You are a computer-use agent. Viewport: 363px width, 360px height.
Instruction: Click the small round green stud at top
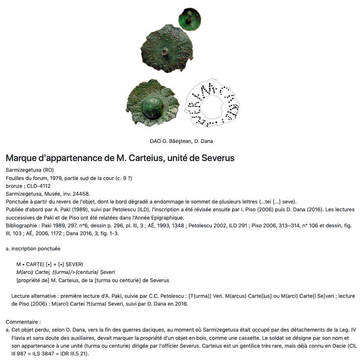pyautogui.click(x=190, y=19)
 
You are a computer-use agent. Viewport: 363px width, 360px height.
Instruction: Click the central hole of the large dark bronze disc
pyautogui.click(x=165, y=52)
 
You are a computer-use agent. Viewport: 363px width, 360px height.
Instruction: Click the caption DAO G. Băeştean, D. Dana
pyautogui.click(x=181, y=141)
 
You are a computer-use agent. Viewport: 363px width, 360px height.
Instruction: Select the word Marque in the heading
pyautogui.click(x=21, y=158)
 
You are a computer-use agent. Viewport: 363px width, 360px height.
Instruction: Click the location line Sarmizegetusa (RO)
pyautogui.click(x=30, y=170)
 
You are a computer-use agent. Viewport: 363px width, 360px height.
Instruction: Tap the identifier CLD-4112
pyautogui.click(x=38, y=186)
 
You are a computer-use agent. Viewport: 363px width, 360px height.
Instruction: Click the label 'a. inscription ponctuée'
pyautogui.click(x=33, y=248)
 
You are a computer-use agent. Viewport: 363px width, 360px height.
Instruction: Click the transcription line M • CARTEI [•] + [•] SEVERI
pyautogui.click(x=50, y=264)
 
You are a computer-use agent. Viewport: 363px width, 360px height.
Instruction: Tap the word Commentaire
pyautogui.click(x=23, y=322)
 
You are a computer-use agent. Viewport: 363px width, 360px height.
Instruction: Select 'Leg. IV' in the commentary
pyautogui.click(x=347, y=330)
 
